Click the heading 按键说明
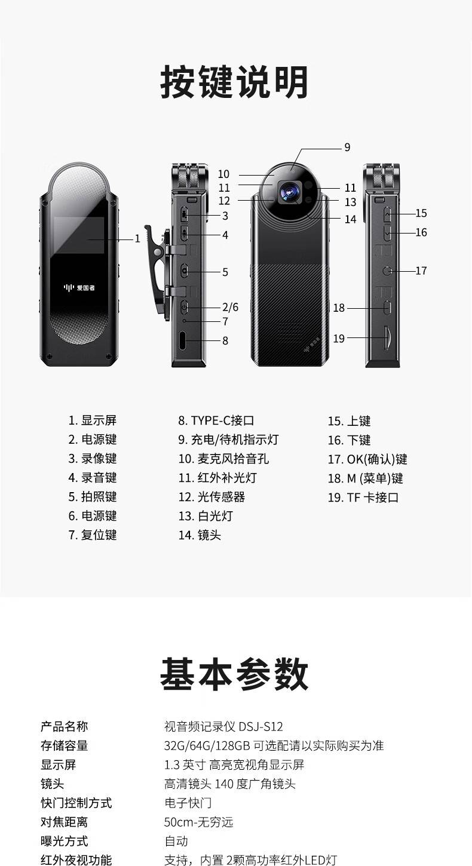tap(234, 82)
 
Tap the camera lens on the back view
tap(289, 191)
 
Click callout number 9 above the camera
tap(347, 148)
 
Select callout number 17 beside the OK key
tap(421, 271)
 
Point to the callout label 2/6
tap(230, 308)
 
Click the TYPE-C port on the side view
tap(185, 340)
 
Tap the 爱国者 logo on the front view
tap(79, 288)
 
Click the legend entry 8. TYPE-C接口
tap(216, 420)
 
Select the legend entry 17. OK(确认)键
tap(367, 459)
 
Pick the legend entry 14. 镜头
tap(200, 535)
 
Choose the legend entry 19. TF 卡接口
tap(363, 497)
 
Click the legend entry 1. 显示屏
tap(93, 420)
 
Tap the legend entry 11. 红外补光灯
tap(217, 478)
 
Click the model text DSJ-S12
tap(260, 727)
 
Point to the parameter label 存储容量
tap(64, 746)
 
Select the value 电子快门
tap(188, 803)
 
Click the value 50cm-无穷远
tap(199, 822)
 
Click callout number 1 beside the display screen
tap(137, 239)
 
